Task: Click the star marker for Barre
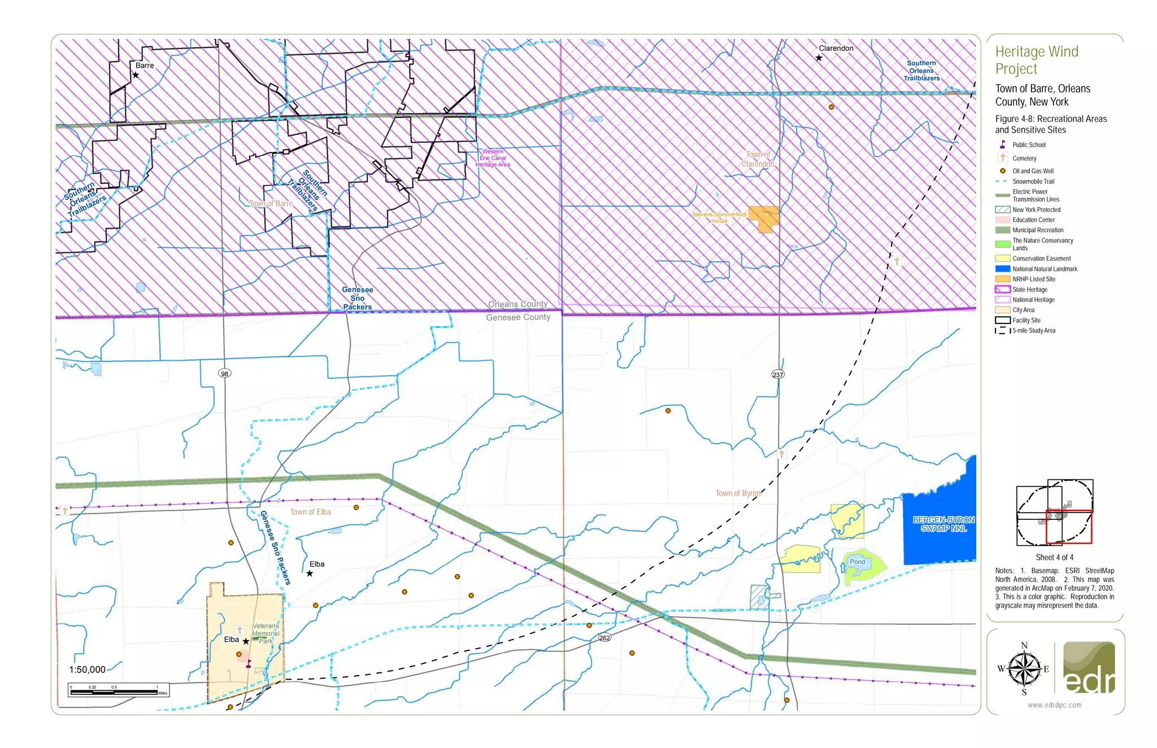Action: pos(136,75)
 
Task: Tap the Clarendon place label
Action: pos(836,49)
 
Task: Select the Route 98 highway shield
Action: pos(225,374)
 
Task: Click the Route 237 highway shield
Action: pos(778,375)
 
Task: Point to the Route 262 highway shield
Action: pos(604,638)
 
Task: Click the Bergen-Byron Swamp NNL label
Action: pos(943,524)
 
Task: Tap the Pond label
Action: pos(858,562)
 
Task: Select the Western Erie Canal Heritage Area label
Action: pos(493,158)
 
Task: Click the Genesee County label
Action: pos(518,317)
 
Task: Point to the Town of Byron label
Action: pos(738,493)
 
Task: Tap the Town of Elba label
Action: pos(310,512)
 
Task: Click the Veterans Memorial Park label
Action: pos(266,633)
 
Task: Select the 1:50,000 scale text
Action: pos(87,670)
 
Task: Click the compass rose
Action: pos(1024,670)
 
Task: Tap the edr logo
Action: pos(1089,669)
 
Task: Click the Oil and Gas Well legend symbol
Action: pos(1003,171)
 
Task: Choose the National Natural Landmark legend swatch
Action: pos(1003,269)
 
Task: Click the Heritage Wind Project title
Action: pos(1037,60)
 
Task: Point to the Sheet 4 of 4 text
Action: pos(1054,557)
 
